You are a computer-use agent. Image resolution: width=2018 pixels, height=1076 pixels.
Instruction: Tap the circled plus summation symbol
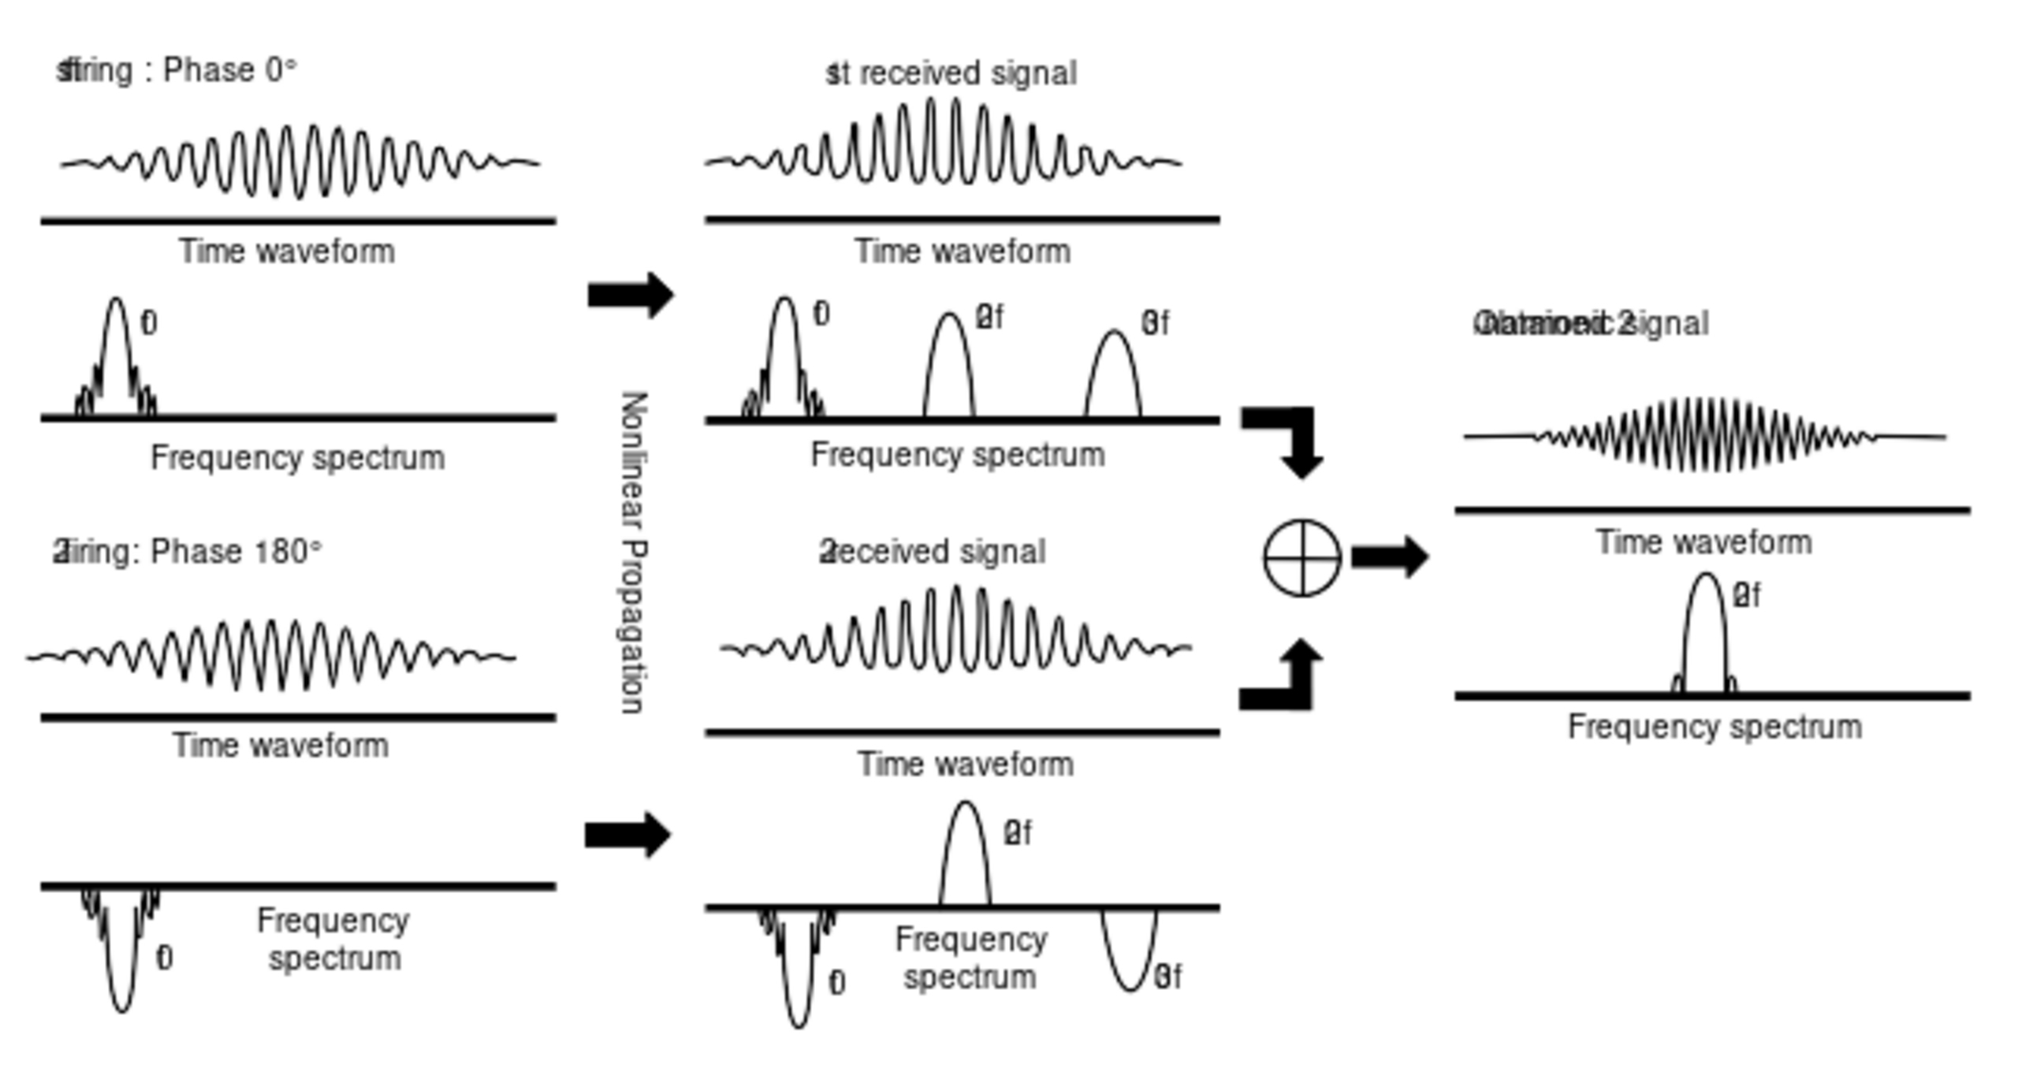pos(1301,557)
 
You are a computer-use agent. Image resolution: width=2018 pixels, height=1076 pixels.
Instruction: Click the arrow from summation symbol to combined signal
pos(1389,557)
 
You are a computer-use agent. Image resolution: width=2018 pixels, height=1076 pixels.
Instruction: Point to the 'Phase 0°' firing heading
pos(177,71)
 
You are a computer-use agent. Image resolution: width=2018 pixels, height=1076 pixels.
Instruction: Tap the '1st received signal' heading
pos(951,73)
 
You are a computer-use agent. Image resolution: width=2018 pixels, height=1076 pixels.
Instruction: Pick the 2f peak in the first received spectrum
pos(949,363)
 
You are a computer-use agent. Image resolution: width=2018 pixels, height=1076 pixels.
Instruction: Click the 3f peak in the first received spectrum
pos(1113,370)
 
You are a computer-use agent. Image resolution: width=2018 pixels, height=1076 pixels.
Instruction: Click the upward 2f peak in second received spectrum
pos(965,851)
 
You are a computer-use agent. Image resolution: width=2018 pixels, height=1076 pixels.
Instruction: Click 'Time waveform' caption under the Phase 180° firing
pos(281,746)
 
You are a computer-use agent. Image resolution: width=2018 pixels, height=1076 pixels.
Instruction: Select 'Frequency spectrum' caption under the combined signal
pos(1715,727)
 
